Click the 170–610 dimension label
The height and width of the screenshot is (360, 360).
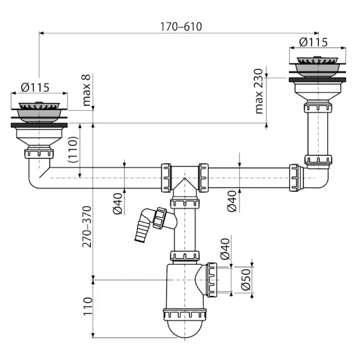(181, 27)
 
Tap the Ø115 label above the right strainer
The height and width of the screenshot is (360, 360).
(313, 42)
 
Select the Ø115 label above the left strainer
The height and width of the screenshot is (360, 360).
(35, 87)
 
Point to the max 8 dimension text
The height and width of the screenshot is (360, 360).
(86, 90)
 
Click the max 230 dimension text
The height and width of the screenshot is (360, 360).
(259, 91)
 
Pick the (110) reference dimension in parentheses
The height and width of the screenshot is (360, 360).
(73, 150)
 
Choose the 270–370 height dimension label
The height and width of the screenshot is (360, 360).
(87, 227)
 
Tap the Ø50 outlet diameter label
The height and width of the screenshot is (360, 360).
(246, 279)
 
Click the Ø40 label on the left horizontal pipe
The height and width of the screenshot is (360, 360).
(118, 203)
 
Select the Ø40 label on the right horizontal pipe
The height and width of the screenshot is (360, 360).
(232, 201)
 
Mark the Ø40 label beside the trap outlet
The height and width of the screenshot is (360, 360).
(225, 249)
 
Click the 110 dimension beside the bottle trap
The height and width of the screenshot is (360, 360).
(87, 306)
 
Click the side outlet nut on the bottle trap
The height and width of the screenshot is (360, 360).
(212, 280)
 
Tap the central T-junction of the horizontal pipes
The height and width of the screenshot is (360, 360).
(185, 178)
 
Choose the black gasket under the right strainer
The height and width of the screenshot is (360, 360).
(318, 79)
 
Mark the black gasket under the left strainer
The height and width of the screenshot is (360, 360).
(39, 125)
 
